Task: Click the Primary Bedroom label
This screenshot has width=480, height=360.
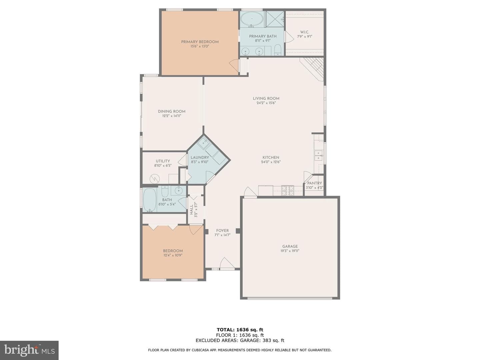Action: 200,42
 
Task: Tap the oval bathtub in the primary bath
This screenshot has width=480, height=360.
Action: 252,19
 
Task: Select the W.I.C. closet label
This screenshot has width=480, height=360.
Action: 304,32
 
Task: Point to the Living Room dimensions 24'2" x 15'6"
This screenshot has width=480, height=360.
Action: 266,103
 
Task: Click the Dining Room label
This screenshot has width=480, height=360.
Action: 172,111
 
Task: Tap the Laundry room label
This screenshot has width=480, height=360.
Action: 200,157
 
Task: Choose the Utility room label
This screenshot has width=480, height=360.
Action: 163,161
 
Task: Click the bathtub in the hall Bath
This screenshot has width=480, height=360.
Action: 150,200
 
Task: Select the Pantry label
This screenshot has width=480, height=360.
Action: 314,183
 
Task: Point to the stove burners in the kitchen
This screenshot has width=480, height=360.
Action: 288,190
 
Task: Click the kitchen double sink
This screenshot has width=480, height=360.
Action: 318,155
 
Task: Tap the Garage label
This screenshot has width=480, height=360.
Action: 290,246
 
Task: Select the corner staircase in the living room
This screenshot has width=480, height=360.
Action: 312,69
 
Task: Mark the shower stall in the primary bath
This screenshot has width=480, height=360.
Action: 275,19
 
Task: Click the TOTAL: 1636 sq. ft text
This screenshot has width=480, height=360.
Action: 240,330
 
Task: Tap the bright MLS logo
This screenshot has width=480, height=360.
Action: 29,350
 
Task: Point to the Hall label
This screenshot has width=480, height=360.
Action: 192,210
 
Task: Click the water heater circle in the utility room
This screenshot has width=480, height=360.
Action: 155,179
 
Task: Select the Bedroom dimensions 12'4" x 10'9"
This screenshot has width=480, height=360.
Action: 173,255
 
